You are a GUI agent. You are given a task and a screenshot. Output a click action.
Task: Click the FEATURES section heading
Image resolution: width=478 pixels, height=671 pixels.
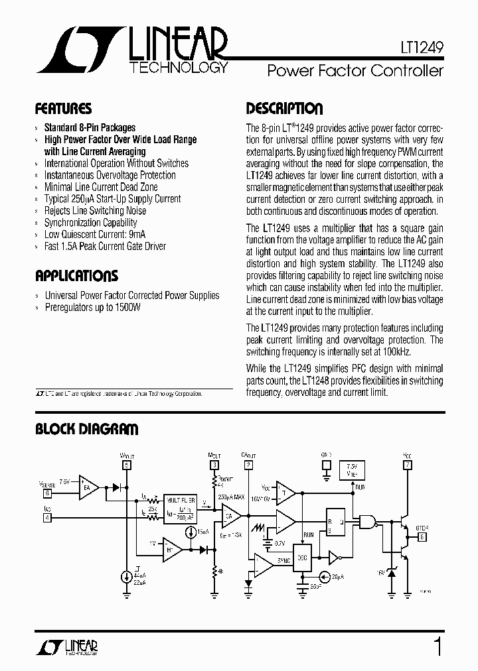(x=63, y=109)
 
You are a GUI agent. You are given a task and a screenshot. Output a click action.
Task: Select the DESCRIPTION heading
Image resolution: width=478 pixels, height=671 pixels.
(x=284, y=109)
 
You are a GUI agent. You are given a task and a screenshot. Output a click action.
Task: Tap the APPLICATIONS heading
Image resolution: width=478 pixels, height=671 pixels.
(x=76, y=276)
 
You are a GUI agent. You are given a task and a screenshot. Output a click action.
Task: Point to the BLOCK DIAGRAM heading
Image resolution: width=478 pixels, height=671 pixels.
(x=86, y=430)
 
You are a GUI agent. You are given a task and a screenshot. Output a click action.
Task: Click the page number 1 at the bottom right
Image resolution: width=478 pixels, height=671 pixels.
(x=438, y=645)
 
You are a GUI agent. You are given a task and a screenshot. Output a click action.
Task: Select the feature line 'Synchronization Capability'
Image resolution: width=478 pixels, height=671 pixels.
(x=90, y=223)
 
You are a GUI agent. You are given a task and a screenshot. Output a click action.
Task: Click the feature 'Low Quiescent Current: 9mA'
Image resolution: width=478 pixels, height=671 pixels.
(x=96, y=235)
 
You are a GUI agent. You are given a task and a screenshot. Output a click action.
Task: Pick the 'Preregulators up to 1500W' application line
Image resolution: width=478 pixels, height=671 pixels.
(x=92, y=308)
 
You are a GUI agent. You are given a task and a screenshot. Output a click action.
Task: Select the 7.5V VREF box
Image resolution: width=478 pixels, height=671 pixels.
(x=351, y=469)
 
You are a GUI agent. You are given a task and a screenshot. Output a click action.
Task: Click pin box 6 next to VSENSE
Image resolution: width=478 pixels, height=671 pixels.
(x=46, y=493)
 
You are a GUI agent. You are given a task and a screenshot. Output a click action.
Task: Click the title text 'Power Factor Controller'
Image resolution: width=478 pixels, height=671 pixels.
(x=355, y=71)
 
